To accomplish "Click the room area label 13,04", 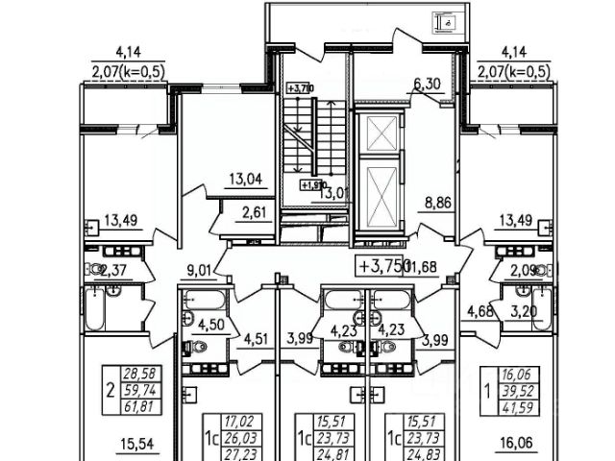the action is click(247, 177).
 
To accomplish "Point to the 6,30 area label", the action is click(428, 85).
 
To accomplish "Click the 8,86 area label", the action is click(438, 204).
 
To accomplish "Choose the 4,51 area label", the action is click(257, 337).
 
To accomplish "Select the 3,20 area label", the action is click(523, 310).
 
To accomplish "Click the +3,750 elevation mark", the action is click(384, 266).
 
